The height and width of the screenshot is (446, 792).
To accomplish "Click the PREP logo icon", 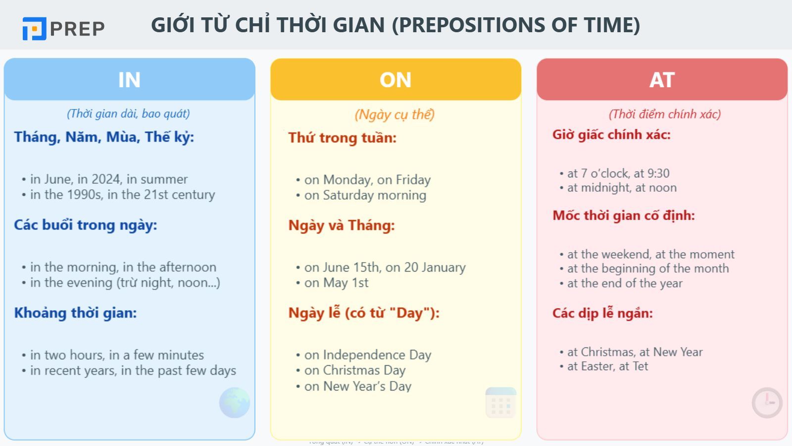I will click(34, 29).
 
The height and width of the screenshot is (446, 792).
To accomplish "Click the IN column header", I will click(129, 80).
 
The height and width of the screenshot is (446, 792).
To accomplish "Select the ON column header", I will click(396, 80).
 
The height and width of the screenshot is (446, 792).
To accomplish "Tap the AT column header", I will click(662, 80).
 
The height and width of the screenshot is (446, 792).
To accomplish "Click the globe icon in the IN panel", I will click(235, 402).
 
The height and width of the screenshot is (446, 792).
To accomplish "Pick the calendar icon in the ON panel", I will click(501, 402).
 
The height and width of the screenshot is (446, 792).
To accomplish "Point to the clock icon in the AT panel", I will click(767, 402).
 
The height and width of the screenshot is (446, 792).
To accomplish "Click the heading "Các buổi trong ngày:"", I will click(85, 225).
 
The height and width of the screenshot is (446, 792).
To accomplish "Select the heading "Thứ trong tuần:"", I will click(343, 138).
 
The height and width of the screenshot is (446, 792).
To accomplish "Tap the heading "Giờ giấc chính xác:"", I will click(611, 135).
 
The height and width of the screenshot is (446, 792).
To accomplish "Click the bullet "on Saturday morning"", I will click(365, 195).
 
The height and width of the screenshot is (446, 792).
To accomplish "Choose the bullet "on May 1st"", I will click(336, 283).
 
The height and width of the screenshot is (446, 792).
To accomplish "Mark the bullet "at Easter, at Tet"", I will click(607, 366).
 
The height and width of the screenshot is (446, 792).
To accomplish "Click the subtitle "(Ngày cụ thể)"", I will click(395, 114).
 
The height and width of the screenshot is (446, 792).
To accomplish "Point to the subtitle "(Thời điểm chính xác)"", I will click(664, 114).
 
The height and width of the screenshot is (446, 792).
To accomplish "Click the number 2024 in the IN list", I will click(106, 179).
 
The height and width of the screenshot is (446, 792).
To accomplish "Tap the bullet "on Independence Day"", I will click(367, 355).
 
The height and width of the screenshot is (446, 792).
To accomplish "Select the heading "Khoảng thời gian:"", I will click(75, 313).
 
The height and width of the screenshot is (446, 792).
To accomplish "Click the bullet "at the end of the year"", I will click(625, 283).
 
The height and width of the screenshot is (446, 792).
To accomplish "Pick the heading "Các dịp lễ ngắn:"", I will click(602, 313).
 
